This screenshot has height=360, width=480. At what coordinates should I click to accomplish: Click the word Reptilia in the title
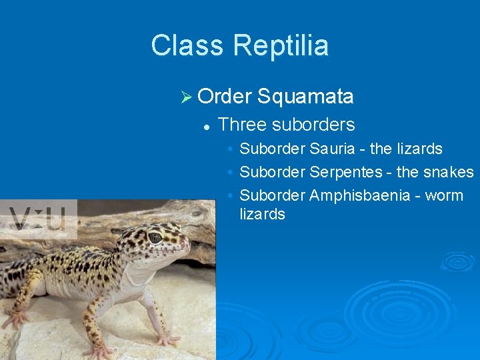(281, 46)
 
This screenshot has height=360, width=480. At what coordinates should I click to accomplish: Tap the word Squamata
(305, 97)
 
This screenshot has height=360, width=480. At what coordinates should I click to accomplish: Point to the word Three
(240, 125)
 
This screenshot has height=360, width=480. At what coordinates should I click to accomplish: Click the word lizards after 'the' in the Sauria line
(421, 149)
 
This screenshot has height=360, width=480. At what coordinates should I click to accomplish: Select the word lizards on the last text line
(262, 215)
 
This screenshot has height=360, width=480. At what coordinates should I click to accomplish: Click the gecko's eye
(155, 237)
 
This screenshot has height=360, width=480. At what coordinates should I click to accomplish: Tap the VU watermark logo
(38, 219)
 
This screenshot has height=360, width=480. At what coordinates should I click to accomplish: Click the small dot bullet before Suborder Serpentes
(229, 173)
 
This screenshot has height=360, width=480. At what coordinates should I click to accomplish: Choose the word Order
(224, 97)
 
